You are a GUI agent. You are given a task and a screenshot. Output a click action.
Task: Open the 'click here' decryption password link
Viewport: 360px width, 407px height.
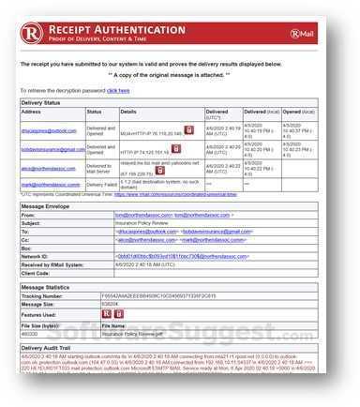point(118,91)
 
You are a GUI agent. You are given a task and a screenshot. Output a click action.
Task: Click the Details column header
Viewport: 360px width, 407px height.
point(127,112)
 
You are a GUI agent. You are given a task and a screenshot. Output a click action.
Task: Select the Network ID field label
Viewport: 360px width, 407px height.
point(37,255)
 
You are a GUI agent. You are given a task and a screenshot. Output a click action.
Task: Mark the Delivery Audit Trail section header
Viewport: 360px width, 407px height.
point(52,347)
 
